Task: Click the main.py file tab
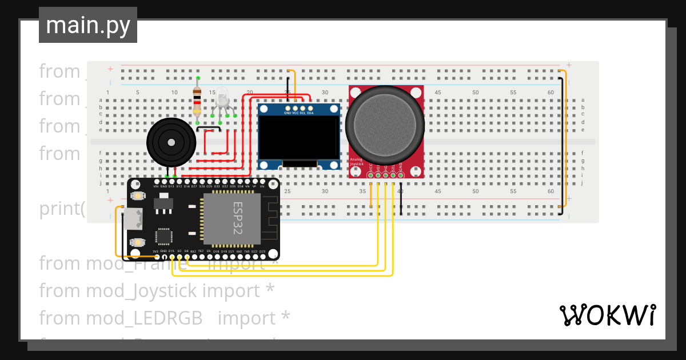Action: click(87, 25)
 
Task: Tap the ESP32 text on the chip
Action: click(238, 218)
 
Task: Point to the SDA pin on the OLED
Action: click(310, 108)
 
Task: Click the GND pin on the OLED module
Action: click(288, 108)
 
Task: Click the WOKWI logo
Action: click(607, 315)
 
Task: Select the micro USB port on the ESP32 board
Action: click(133, 218)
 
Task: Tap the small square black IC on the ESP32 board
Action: click(164, 237)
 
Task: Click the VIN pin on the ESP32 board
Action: click(156, 182)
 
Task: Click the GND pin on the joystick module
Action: click(401, 175)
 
